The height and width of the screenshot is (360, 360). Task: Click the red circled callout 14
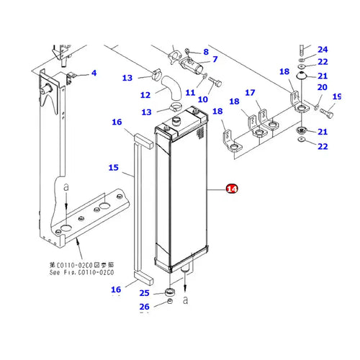tap(231, 189)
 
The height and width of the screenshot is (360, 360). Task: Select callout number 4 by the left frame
tap(93, 73)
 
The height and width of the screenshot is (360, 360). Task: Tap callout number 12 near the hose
tap(145, 94)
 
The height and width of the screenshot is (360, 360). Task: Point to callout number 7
tap(214, 58)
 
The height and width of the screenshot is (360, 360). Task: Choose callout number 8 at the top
tap(205, 52)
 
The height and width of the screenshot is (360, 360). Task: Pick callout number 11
tap(190, 93)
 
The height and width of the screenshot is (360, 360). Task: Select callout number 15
tap(113, 168)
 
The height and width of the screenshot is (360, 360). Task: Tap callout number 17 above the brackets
tap(250, 93)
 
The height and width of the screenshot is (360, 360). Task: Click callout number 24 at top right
tap(323, 50)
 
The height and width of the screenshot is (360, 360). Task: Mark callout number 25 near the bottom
tap(145, 293)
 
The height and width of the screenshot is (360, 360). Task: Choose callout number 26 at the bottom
tap(145, 307)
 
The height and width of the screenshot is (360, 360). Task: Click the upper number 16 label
tap(117, 123)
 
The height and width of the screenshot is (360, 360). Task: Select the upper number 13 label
tap(127, 78)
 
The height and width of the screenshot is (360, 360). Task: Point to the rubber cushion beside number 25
tap(171, 292)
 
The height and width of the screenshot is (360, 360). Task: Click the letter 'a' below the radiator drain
tap(186, 297)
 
